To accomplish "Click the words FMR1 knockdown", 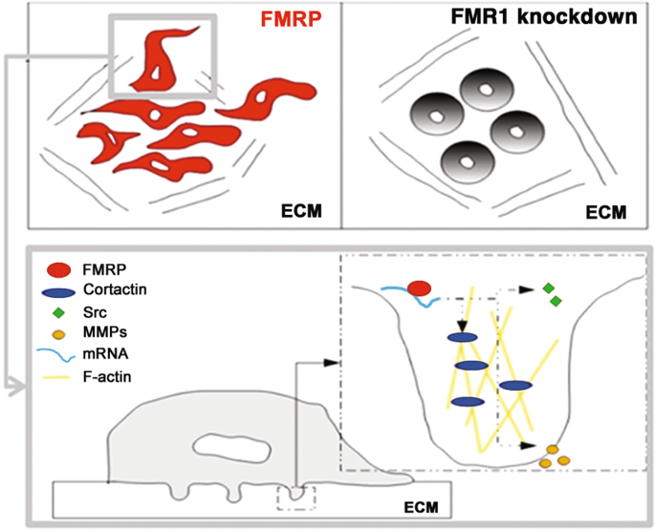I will (x=542, y=17).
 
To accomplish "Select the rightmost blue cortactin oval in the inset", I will (x=515, y=385).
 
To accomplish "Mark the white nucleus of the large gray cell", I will (x=220, y=445).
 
